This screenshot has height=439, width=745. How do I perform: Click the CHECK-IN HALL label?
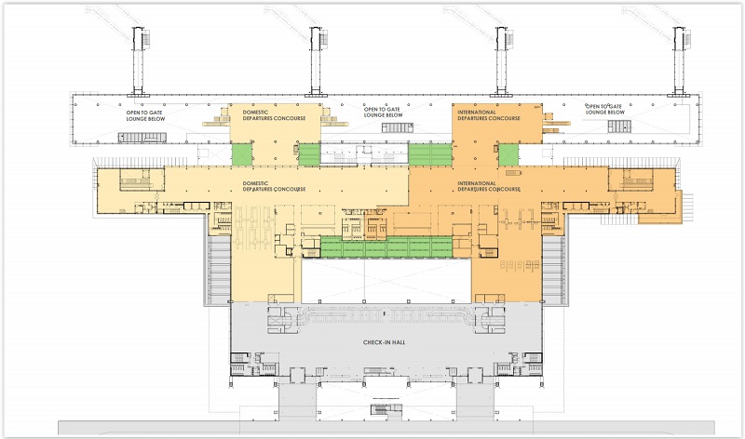point(384,342)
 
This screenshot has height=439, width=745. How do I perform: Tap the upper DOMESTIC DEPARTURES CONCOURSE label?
point(274,115)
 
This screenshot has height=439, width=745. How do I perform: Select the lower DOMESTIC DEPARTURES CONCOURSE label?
point(274,186)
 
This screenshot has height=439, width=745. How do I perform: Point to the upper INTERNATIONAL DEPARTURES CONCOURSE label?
point(489,115)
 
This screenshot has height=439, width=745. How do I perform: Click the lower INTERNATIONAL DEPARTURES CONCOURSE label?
point(489,186)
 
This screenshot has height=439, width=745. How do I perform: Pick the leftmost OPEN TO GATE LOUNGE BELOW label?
point(145,116)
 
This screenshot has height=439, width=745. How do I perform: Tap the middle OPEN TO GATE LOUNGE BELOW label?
point(383,112)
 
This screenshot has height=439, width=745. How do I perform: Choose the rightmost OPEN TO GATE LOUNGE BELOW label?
point(604,109)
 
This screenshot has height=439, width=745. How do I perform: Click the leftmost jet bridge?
point(138,60)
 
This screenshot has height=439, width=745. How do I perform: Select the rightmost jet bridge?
point(679,60)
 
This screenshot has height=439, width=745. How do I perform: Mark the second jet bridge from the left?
point(316,60)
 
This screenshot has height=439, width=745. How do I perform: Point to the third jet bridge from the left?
point(501,60)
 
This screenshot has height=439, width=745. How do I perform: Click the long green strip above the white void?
point(386,246)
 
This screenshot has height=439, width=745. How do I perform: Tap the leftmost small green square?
point(242,154)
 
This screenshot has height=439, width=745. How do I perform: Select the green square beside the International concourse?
point(508,154)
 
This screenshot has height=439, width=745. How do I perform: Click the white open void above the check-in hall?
point(386,280)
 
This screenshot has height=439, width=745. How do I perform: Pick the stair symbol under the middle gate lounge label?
point(398,127)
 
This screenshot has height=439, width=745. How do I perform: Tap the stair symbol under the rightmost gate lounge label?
point(619,126)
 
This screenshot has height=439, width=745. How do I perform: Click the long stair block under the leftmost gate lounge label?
point(142,138)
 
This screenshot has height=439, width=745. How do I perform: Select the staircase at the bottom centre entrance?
point(386,410)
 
